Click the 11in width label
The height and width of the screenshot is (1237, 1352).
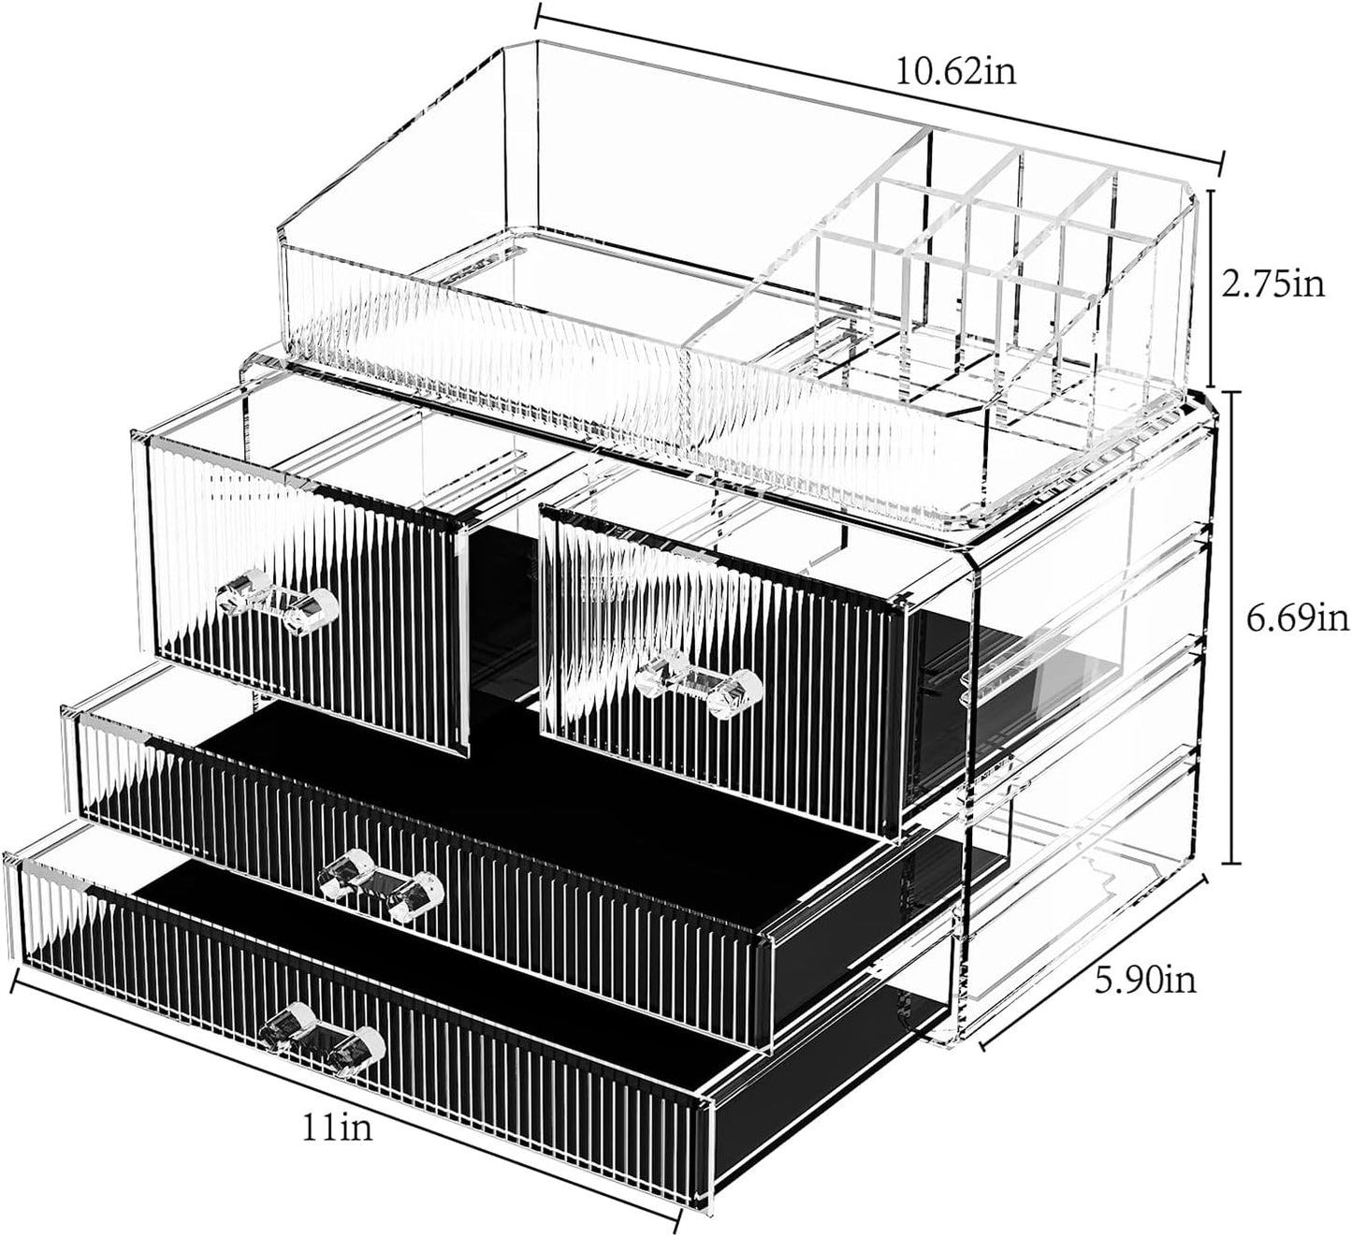pyautogui.click(x=336, y=1128)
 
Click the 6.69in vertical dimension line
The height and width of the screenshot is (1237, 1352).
pyautogui.click(x=1234, y=627)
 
